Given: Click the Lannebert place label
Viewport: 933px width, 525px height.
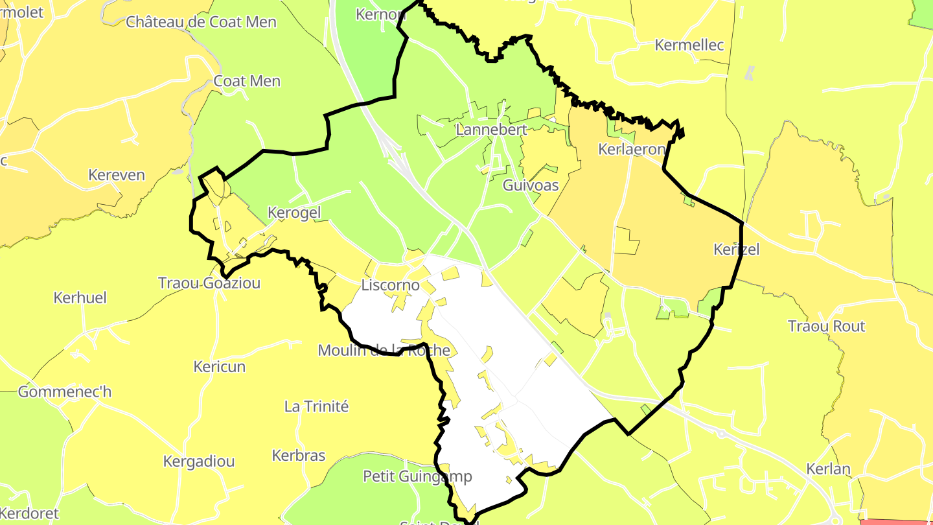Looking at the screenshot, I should [491, 129].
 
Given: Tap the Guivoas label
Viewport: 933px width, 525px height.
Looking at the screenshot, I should [531, 185].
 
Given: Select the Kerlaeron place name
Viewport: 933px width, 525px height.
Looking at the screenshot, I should [631, 149].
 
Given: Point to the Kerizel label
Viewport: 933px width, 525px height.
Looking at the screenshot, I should [736, 249].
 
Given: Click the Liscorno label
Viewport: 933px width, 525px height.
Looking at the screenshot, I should [390, 285].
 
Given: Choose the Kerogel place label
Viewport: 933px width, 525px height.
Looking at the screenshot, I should [294, 213].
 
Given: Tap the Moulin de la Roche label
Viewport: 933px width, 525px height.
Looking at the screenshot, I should [384, 351].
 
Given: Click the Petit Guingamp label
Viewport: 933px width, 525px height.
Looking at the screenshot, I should [417, 476].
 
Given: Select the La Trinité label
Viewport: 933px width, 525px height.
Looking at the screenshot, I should [316, 406].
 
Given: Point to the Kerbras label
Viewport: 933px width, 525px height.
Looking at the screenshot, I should [299, 455].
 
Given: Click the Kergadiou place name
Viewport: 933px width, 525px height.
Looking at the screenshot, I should [199, 461].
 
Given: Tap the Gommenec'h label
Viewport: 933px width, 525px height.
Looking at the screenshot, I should [65, 391].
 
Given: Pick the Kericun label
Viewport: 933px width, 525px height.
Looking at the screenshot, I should [220, 366].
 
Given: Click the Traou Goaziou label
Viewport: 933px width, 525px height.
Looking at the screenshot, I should [209, 283].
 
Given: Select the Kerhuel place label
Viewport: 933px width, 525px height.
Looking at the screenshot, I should [80, 298].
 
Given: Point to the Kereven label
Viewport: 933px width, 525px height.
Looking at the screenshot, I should [117, 175].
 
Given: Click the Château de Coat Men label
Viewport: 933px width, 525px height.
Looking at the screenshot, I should [202, 22].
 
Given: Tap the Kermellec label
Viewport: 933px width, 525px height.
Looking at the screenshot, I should [689, 45].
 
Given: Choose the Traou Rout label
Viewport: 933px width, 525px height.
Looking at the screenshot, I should [827, 326].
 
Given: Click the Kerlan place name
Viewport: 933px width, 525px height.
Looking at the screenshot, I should [828, 469].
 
